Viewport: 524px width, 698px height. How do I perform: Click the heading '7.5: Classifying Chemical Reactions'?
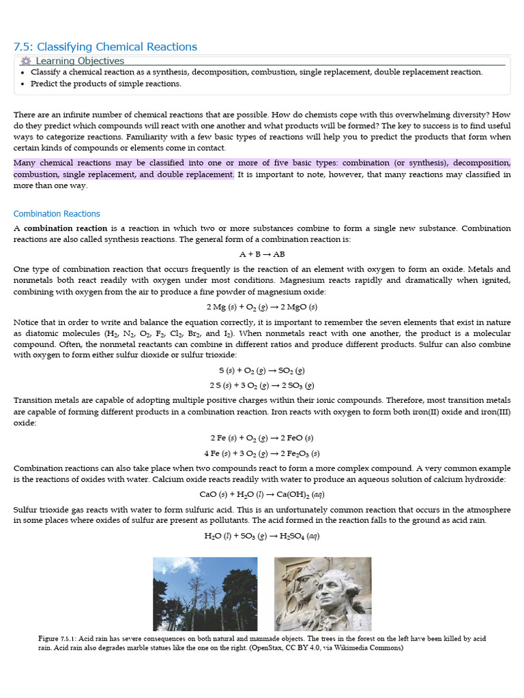click(105, 46)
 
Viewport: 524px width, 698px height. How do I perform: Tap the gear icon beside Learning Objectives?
click(26, 61)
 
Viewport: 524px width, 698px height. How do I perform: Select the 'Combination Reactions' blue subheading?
click(57, 213)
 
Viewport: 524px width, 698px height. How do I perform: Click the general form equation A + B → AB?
click(262, 254)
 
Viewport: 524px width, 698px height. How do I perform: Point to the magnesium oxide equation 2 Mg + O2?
click(262, 307)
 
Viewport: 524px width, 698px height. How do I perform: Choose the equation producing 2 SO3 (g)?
click(262, 386)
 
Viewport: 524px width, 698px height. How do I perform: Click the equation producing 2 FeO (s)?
click(262, 438)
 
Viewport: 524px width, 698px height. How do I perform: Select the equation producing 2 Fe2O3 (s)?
click(262, 453)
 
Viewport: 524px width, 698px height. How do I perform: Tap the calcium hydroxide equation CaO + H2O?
click(262, 494)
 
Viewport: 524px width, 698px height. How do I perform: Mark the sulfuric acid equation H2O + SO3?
click(262, 536)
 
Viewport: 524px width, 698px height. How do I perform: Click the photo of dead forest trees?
click(205, 594)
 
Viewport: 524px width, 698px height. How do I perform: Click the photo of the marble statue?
click(323, 594)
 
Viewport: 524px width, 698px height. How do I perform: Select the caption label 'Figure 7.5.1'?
click(59, 638)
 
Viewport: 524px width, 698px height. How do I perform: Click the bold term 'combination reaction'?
click(65, 228)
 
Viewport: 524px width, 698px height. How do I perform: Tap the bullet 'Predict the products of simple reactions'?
click(106, 84)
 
